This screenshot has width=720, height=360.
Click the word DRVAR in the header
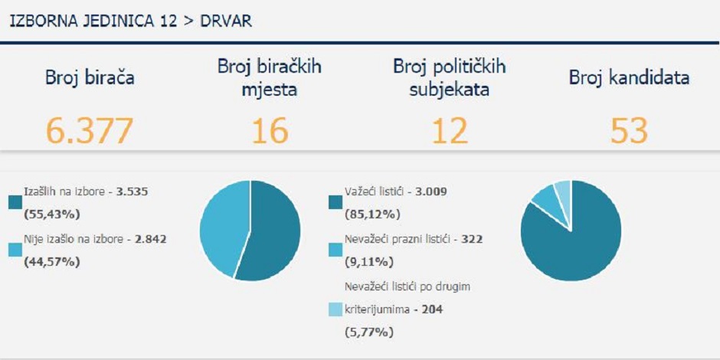tap(226, 21)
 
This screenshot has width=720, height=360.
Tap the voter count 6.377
tap(89, 131)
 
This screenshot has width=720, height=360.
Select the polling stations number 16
tap(270, 131)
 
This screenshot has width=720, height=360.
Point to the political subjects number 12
tap(449, 131)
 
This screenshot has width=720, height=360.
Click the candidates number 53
tap(629, 131)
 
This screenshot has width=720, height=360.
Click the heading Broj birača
tap(90, 77)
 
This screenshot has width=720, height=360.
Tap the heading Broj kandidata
tap(629, 77)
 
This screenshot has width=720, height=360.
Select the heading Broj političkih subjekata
tap(449, 78)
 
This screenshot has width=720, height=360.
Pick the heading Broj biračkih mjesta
tap(270, 78)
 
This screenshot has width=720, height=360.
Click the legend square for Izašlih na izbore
tap(15, 202)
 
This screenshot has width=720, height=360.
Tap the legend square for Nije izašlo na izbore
tap(15, 250)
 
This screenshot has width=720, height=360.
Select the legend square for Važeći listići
tap(335, 202)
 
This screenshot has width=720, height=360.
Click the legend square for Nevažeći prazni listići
tap(335, 250)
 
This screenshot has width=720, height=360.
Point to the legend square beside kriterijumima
tap(335, 309)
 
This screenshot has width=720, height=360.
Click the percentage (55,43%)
tap(53, 213)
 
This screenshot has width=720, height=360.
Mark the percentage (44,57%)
tap(53, 261)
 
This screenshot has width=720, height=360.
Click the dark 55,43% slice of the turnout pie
tap(272, 230)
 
